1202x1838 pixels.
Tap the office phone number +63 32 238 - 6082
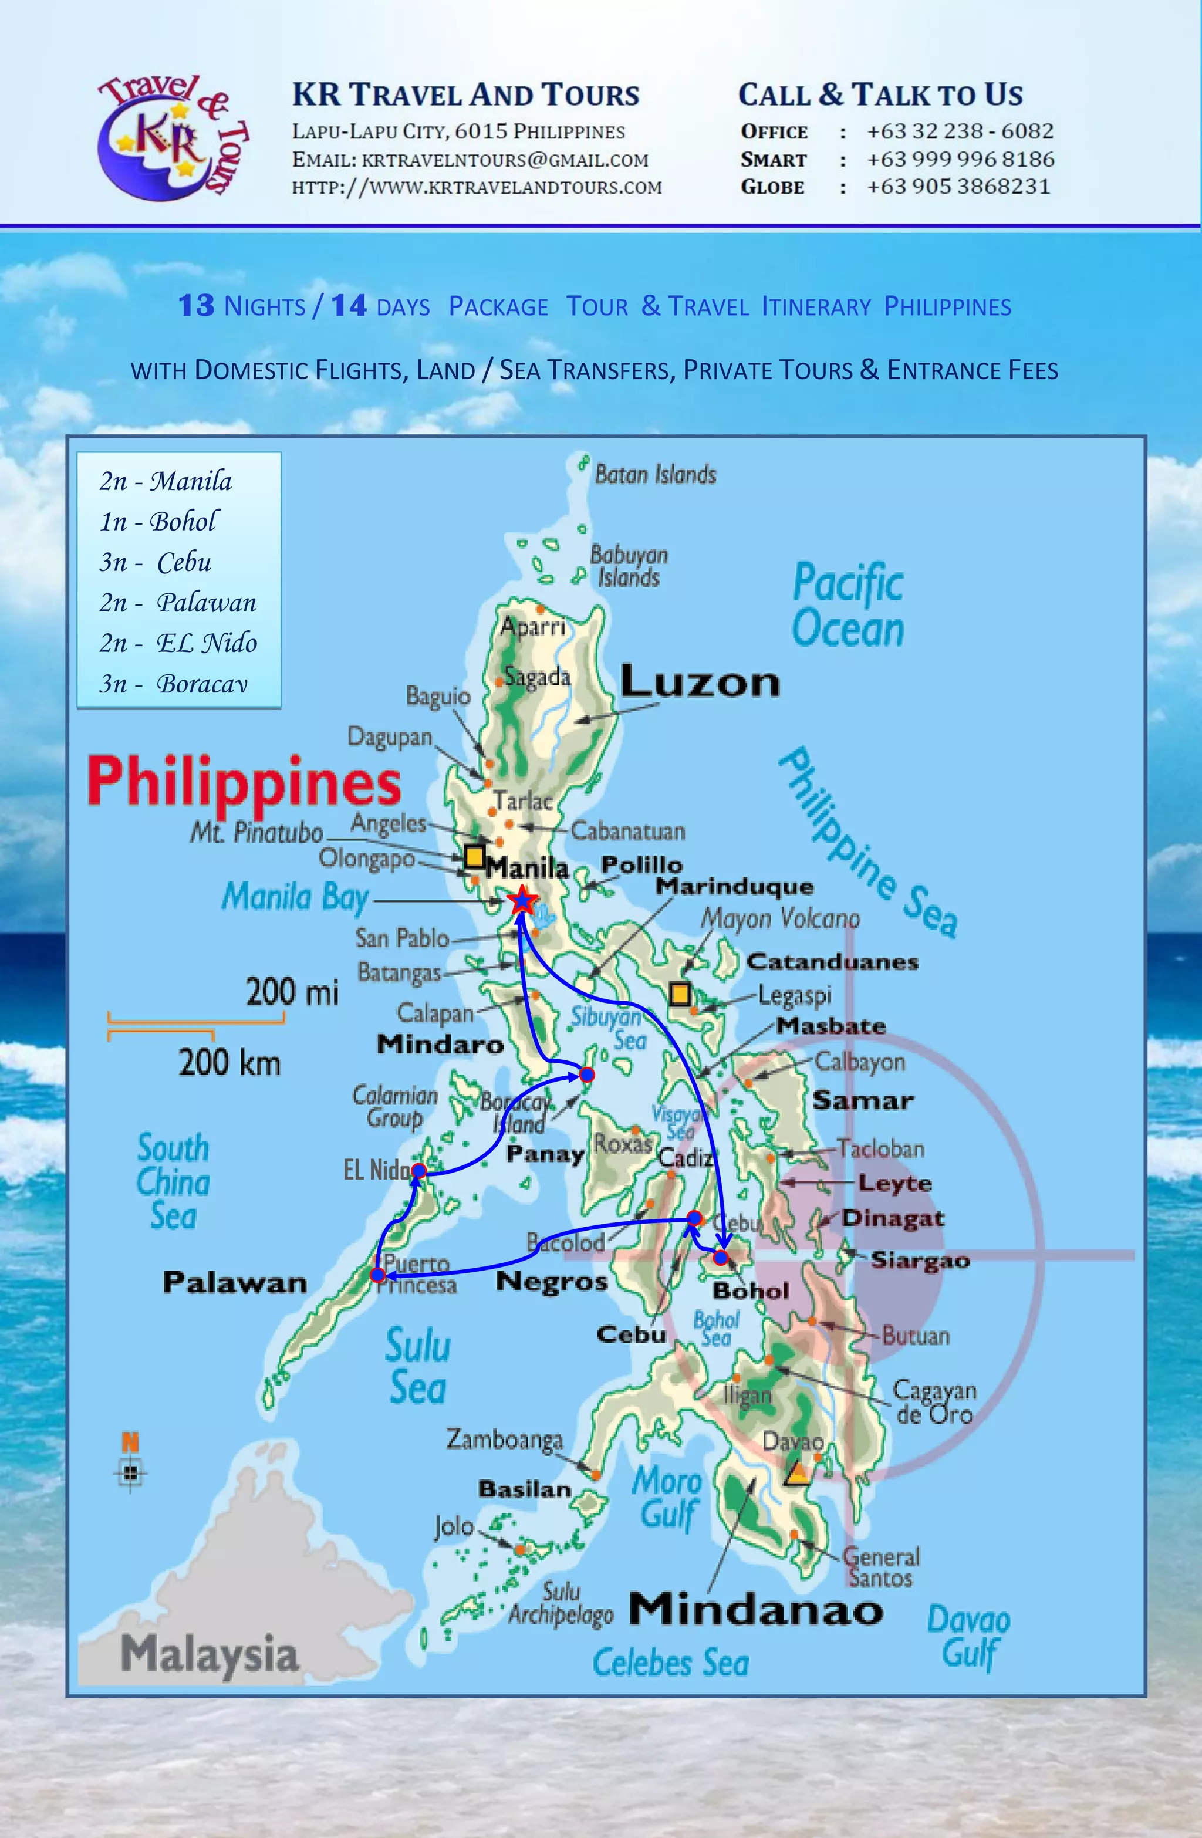pos(960,131)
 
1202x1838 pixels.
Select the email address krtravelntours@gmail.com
pos(504,160)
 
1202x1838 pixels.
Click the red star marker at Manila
pos(523,900)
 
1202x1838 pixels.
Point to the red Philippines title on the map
pos(244,781)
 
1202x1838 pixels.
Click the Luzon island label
pos(700,682)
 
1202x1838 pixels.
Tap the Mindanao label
pos(755,1610)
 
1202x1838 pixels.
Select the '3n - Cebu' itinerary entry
pos(156,562)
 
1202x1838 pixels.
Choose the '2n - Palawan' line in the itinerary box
pos(178,602)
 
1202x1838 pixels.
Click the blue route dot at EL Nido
pos(418,1171)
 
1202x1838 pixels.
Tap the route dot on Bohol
pos(721,1257)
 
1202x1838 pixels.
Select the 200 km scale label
pos(229,1063)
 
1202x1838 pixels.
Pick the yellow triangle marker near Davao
pos(797,1474)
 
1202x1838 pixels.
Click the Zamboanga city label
pos(504,1439)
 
